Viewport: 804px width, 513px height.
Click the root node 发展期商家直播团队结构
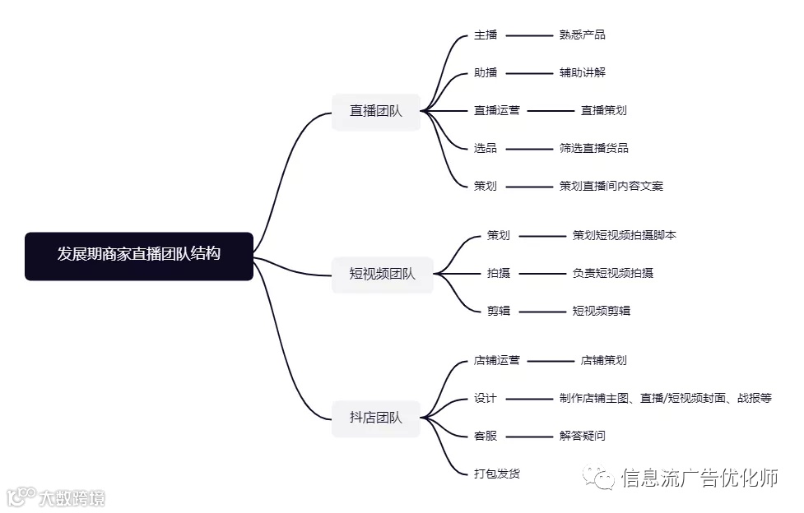(139, 256)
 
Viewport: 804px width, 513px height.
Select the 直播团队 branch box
(376, 111)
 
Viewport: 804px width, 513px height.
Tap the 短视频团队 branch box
(383, 274)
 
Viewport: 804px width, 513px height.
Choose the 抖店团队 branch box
(376, 418)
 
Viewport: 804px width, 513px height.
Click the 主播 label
(486, 35)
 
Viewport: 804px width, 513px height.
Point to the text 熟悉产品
(582, 35)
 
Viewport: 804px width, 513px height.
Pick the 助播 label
(486, 73)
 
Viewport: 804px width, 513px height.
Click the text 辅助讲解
(582, 73)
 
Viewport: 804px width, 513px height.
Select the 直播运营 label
(496, 110)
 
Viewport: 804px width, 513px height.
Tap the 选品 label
(486, 149)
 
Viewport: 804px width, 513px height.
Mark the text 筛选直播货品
(593, 149)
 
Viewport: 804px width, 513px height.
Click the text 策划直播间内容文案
(611, 187)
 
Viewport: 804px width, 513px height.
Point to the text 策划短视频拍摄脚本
(624, 236)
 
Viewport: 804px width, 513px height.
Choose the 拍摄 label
(498, 274)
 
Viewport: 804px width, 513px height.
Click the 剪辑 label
(498, 312)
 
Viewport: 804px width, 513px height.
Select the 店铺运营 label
(496, 361)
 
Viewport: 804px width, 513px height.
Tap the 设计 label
(486, 399)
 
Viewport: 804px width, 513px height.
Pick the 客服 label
(486, 437)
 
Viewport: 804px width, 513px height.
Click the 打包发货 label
(496, 474)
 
